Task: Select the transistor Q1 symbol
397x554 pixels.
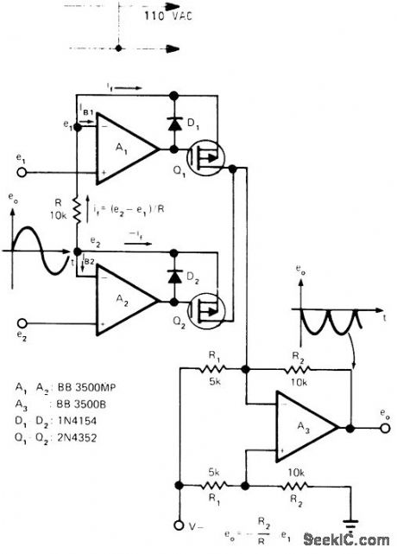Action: coord(206,160)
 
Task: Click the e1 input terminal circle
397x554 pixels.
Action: coord(28,172)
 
